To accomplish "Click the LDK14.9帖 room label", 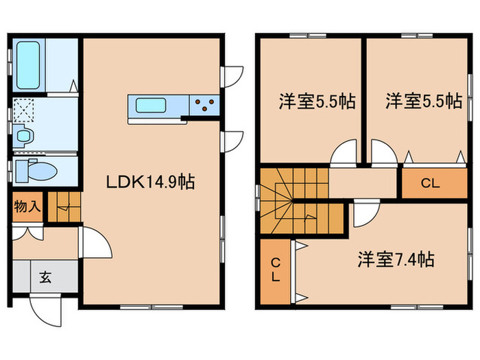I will (149, 182).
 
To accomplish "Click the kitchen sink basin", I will (149, 106).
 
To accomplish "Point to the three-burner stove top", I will (204, 106).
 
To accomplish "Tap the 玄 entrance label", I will (45, 278).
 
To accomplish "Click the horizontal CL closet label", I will (431, 183).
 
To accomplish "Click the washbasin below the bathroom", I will (24, 135).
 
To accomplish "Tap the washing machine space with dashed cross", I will (26, 110).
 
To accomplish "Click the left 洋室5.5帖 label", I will (316, 102).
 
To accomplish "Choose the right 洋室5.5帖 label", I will (423, 102).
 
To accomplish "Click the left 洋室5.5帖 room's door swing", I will (344, 153).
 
